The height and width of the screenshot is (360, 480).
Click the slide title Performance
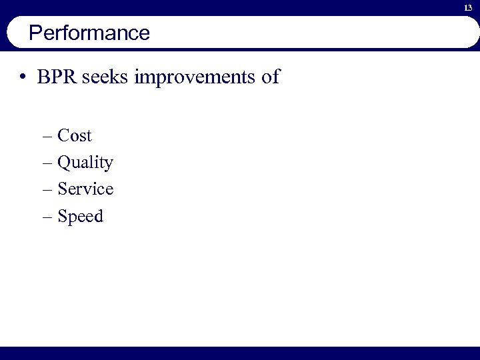pyautogui.click(x=89, y=33)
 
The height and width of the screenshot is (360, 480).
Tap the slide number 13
pyautogui.click(x=468, y=7)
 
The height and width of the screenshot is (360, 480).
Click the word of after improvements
pyautogui.click(x=271, y=77)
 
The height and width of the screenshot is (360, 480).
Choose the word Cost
pyautogui.click(x=75, y=136)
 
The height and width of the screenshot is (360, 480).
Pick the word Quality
pyautogui.click(x=85, y=163)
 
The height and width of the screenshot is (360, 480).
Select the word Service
pyautogui.click(x=85, y=189)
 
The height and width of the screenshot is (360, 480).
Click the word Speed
pyautogui.click(x=81, y=217)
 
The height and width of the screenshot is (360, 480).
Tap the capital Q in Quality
pyautogui.click(x=64, y=163)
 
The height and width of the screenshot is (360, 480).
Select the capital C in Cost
pyautogui.click(x=64, y=136)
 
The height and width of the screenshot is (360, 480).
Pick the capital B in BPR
pyautogui.click(x=43, y=77)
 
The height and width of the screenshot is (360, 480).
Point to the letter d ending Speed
pyautogui.click(x=99, y=217)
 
